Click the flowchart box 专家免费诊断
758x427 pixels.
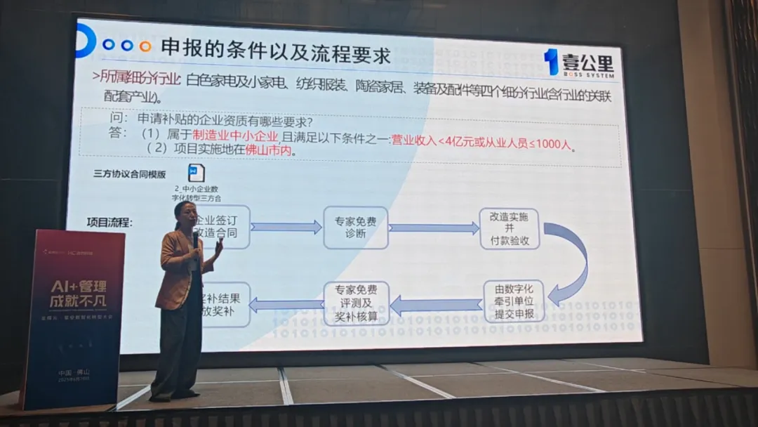click(355, 228)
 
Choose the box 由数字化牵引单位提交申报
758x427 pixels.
click(513, 301)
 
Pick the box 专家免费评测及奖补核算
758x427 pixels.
click(355, 303)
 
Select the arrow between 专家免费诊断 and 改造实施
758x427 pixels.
click(434, 228)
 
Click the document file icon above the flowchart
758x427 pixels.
click(196, 173)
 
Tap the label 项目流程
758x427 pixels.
click(109, 223)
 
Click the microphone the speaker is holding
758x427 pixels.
click(195, 239)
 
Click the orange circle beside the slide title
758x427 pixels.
click(145, 46)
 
